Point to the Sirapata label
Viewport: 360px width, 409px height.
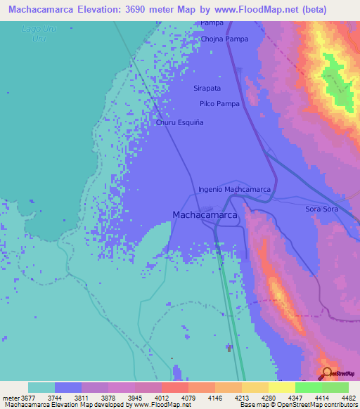207,89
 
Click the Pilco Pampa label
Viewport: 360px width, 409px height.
219,104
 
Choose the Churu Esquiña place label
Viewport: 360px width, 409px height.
179,122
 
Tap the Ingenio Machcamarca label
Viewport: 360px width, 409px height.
234,189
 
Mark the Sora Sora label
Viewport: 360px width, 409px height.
322,209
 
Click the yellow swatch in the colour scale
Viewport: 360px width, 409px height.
281,387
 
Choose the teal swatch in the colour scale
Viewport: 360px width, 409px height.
41,387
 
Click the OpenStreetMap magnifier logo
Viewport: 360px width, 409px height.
327,372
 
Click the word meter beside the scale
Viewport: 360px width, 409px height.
11,398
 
